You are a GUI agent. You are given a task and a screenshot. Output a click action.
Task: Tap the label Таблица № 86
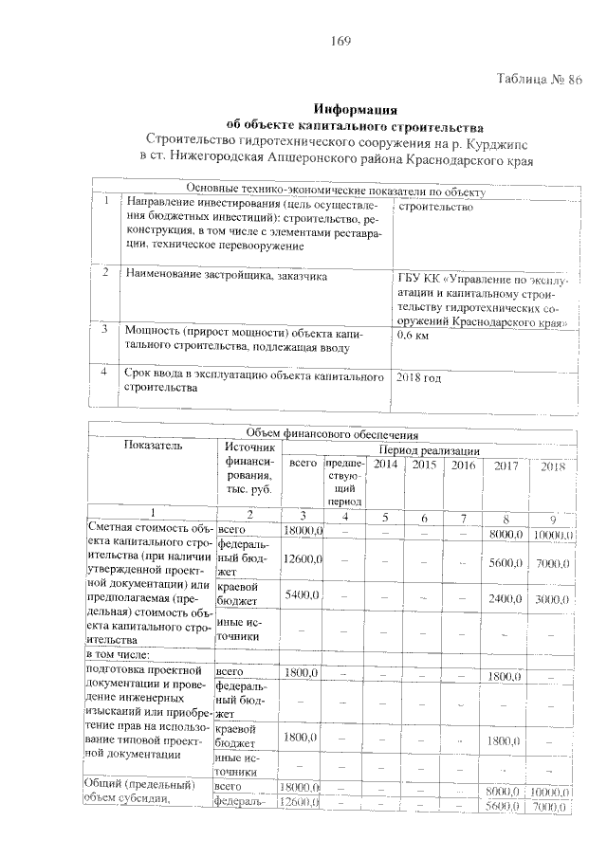[539, 80]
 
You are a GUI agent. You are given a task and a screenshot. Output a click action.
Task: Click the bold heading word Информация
[354, 109]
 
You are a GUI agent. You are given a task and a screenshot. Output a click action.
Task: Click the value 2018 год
[418, 377]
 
